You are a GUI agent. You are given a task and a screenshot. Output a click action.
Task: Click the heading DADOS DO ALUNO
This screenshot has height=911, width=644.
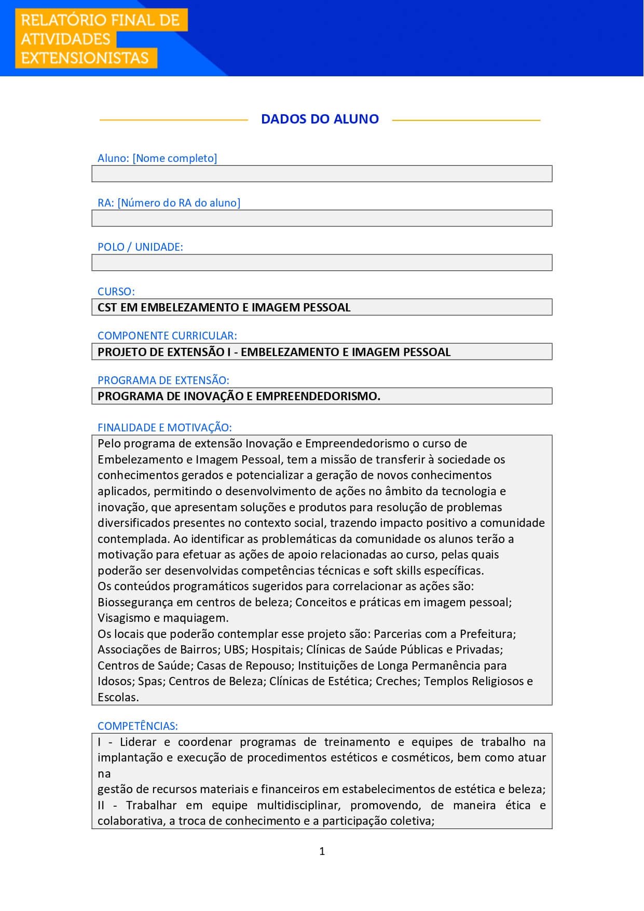click(x=320, y=119)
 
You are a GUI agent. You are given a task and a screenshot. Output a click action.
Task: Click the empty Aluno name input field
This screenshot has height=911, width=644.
click(x=322, y=174)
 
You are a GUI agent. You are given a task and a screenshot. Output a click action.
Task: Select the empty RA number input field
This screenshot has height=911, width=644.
click(x=322, y=218)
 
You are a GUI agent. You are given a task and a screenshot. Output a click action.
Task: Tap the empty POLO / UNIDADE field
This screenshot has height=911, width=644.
click(x=322, y=263)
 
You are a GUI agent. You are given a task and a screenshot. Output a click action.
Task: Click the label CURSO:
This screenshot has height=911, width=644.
click(x=116, y=292)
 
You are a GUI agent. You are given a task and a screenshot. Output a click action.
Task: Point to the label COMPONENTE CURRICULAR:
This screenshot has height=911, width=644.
click(x=167, y=336)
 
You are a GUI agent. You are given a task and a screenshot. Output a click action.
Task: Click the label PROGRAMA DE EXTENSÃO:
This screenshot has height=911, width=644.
click(x=163, y=380)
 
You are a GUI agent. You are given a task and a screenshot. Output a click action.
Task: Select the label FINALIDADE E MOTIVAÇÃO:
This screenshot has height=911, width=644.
click(x=165, y=428)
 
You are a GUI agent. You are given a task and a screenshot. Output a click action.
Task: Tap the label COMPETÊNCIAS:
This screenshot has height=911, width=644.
click(x=138, y=726)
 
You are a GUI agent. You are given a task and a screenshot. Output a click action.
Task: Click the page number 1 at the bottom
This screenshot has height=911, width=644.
click(x=322, y=851)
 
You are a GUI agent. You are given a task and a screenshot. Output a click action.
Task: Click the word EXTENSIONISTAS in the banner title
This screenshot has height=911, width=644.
click(x=85, y=58)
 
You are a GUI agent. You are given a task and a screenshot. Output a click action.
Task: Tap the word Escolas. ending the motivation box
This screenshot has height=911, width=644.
click(x=118, y=698)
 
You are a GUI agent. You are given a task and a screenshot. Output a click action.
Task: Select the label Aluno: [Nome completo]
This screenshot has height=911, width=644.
click(x=157, y=158)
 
